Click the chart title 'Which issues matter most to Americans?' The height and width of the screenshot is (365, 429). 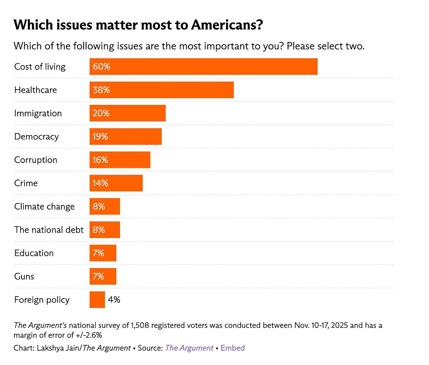click(138, 25)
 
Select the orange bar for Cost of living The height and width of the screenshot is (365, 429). click(203, 67)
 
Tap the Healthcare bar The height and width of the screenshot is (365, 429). click(161, 90)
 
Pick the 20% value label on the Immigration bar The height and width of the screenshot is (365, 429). click(101, 113)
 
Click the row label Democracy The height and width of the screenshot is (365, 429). click(37, 137)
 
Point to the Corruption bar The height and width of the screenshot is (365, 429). click(120, 160)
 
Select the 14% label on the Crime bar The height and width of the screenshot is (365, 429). click(100, 183)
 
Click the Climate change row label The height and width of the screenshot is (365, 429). click(44, 206)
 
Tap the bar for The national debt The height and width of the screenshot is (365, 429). click(105, 230)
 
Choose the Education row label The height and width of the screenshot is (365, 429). click(34, 253)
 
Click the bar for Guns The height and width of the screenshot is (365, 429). click(103, 277)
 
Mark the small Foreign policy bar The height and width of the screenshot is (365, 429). click(97, 300)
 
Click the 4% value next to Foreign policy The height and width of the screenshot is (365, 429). click(114, 300)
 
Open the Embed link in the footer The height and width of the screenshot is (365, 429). click(233, 348)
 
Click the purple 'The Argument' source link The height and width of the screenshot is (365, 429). click(189, 348)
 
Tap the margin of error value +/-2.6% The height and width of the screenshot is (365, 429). click(89, 335)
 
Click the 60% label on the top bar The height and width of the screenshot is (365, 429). click(101, 67)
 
